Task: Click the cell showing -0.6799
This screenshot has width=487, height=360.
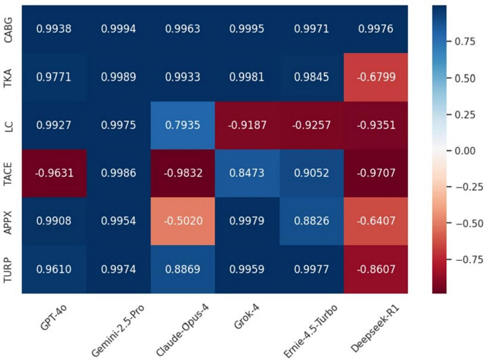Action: [376, 77]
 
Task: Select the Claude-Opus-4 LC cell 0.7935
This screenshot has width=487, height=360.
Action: [183, 125]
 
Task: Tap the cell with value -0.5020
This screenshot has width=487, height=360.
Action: [183, 221]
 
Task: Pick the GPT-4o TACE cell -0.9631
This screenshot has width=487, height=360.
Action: [54, 173]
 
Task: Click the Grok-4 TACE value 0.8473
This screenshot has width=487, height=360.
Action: [247, 173]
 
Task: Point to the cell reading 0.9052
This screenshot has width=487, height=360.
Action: [311, 173]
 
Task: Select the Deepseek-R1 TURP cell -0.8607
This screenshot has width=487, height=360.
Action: [376, 269]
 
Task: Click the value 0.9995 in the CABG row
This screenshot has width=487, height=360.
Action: [247, 29]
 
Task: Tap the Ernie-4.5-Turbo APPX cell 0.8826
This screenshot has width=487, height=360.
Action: [311, 221]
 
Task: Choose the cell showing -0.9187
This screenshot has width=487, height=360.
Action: [247, 125]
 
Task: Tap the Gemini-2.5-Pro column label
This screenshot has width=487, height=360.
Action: [118, 331]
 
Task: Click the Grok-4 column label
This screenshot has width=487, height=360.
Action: [247, 316]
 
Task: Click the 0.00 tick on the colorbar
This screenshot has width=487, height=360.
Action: [465, 151]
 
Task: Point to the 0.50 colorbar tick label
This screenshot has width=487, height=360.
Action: [465, 78]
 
